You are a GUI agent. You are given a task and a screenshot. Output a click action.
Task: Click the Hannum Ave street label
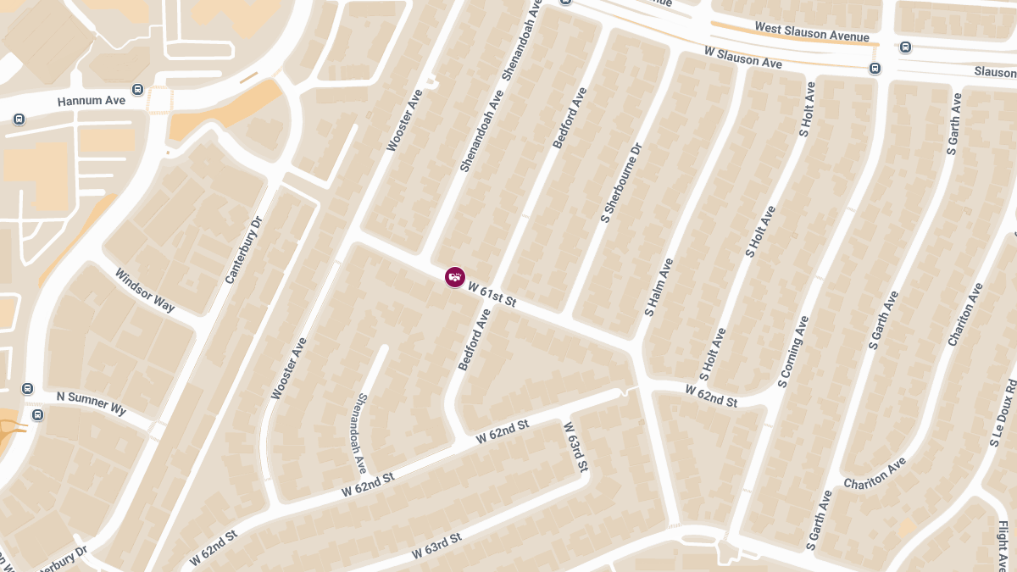(x=91, y=101)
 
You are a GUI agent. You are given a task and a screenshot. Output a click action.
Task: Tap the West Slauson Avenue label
(x=812, y=32)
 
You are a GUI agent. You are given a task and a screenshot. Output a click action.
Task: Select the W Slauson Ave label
(x=742, y=58)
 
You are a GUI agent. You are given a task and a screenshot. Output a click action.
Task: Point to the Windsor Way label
(x=145, y=291)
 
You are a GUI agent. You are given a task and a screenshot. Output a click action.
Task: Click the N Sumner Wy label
(x=91, y=403)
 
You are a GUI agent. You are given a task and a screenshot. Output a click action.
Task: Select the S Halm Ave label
(x=659, y=287)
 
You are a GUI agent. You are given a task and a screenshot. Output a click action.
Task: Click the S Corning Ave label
(x=793, y=352)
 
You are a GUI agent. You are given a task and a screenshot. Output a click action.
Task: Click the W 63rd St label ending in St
(x=436, y=546)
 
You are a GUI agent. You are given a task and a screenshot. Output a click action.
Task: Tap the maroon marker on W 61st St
(x=455, y=276)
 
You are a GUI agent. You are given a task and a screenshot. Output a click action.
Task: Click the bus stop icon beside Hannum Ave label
(x=137, y=89)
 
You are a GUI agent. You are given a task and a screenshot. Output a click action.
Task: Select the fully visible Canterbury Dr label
(x=244, y=250)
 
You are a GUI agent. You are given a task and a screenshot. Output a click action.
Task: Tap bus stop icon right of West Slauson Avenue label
(x=905, y=47)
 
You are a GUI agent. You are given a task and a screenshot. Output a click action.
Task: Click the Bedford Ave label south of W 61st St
(x=475, y=340)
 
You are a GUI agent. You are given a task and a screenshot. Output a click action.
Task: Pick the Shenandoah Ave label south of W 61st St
(x=361, y=432)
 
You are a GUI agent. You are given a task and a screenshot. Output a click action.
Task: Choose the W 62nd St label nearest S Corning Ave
(x=711, y=396)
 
